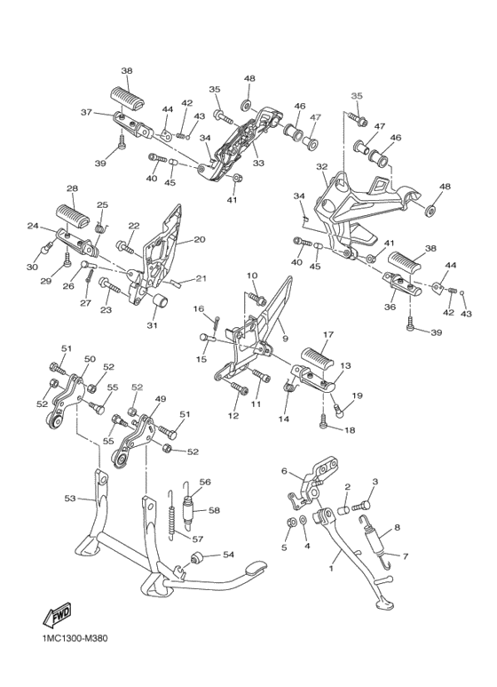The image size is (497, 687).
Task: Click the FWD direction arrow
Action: pos(57,615)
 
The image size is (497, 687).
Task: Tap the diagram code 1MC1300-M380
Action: pos(72,638)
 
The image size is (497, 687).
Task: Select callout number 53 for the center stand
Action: pos(70,499)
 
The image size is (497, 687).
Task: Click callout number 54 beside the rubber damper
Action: pos(228,555)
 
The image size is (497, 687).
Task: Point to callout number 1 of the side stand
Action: pos(331,568)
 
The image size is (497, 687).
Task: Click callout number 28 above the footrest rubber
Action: pos(72,188)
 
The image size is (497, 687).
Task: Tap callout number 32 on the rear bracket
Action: pos(321,167)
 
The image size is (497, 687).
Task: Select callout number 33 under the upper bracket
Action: pos(258,163)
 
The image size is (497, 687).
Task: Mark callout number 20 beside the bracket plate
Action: pos(200,240)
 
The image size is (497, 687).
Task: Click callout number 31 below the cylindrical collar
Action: pos(154,325)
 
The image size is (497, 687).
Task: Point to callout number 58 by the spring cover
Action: pos(215,510)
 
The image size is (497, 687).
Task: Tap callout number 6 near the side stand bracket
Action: pos(284,471)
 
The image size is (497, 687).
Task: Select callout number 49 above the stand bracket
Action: pos(161,399)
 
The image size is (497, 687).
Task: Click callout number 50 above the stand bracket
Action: pos(90,359)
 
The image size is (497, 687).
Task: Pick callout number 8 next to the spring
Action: pos(397,528)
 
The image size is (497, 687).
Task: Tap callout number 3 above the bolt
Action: pos(375,482)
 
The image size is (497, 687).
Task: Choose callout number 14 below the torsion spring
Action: pos(284,419)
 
